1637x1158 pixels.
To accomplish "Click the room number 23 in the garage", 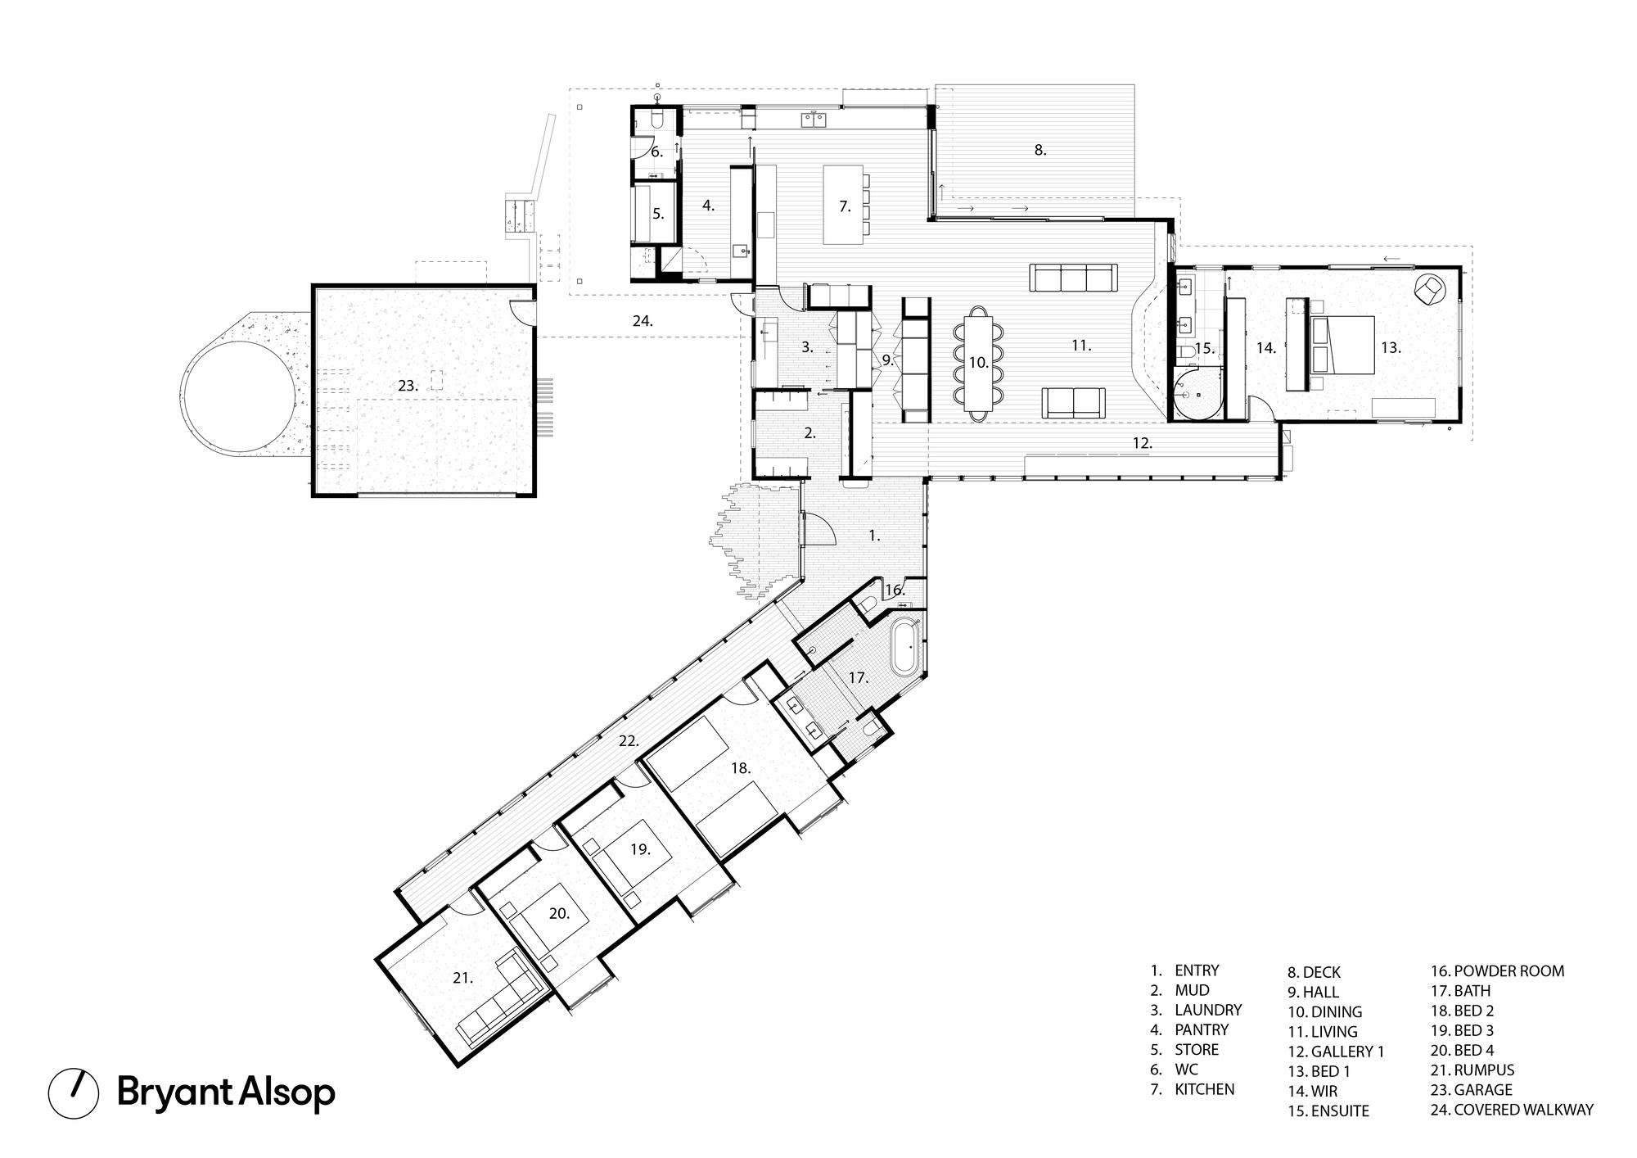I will coord(408,385).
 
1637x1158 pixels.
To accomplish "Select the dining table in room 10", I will coord(979,363).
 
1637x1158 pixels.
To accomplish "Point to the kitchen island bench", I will coord(844,205).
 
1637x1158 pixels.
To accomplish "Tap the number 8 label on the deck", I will coord(1039,150).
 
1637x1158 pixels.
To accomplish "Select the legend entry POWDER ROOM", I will coord(1498,971).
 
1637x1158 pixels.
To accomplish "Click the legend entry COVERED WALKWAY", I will coord(1513,1111).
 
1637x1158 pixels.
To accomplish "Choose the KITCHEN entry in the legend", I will coord(1204,1089).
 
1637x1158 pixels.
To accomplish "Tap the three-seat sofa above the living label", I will coord(1073,278).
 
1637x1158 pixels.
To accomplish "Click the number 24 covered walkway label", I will coord(643,322).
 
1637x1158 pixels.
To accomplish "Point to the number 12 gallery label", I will coord(1143,443).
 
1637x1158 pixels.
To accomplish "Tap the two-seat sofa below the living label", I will coord(1073,401).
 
